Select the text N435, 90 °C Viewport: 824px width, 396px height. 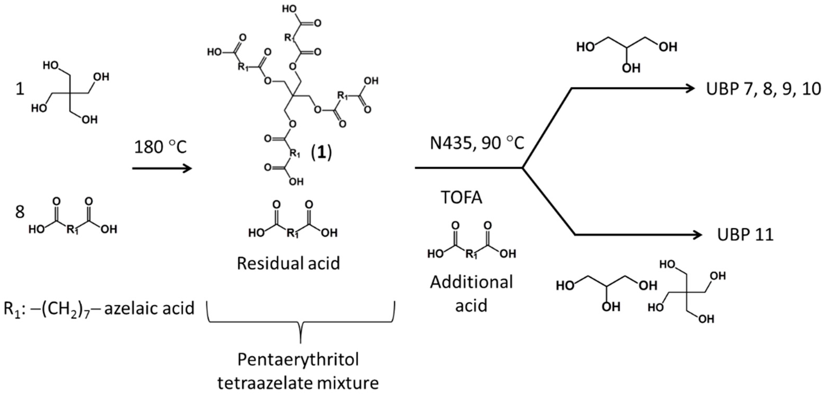[477, 143]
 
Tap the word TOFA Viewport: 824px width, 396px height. [461, 197]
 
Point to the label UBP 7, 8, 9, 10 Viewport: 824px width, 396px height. [763, 89]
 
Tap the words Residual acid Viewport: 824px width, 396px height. [288, 263]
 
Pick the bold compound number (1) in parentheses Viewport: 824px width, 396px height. [322, 153]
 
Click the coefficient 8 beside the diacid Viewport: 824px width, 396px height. [20, 212]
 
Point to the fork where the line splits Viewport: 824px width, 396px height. [523, 168]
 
